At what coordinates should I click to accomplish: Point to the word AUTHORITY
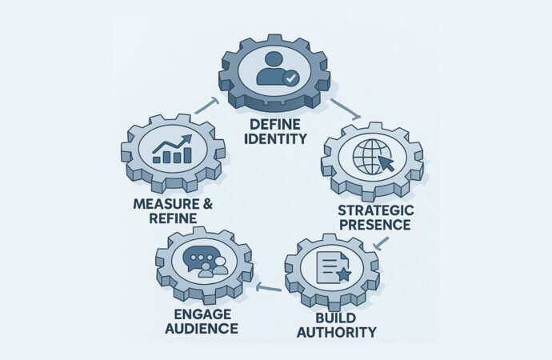tap(335, 330)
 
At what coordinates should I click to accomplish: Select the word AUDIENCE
tap(196, 328)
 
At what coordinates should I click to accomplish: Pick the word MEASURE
tap(166, 204)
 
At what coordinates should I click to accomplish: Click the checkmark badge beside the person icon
tap(291, 78)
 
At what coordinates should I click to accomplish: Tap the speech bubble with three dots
tap(197, 258)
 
